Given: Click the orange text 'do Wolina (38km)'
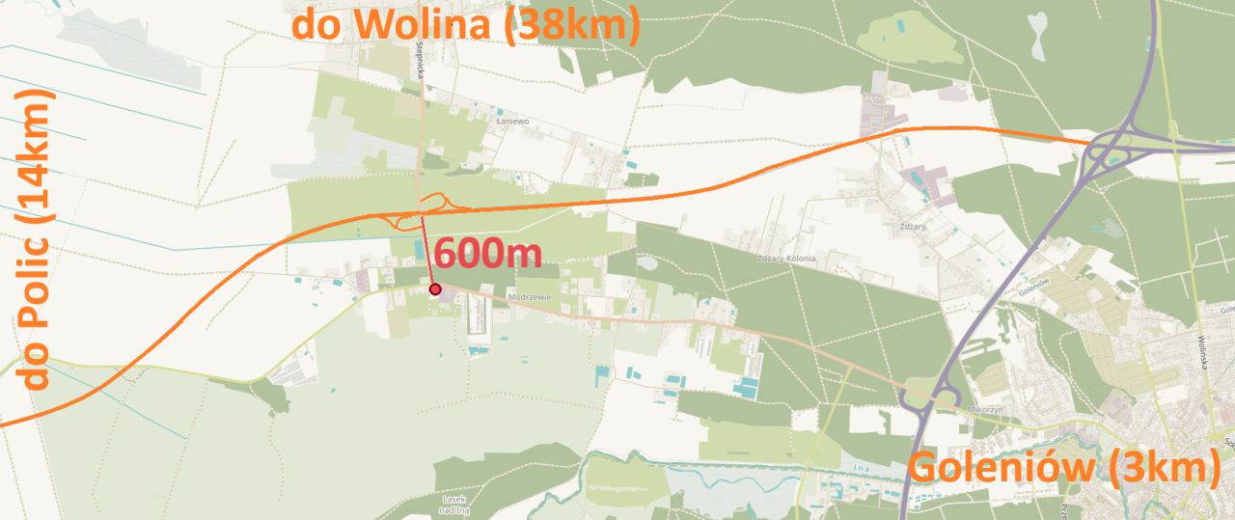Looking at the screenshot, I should click(x=466, y=24).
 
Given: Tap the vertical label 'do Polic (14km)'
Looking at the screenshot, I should click(x=36, y=238).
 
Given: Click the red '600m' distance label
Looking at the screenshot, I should click(x=487, y=254).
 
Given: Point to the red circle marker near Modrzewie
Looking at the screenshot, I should click(x=435, y=288).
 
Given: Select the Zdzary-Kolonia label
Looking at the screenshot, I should click(x=786, y=259).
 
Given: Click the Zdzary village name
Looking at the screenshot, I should click(x=912, y=226).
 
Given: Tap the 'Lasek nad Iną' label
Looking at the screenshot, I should click(x=453, y=502).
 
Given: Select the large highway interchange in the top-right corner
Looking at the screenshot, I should click(x=1124, y=150).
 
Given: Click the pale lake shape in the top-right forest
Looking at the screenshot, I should click(x=1037, y=35).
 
